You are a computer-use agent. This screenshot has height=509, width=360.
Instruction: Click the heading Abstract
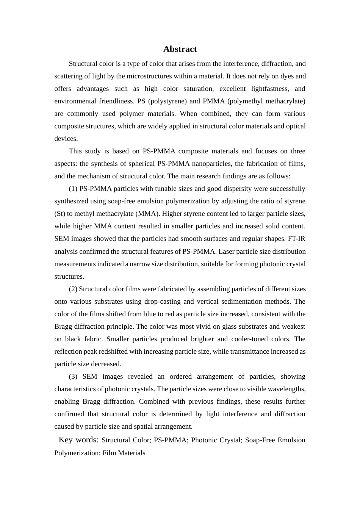pos(180,49)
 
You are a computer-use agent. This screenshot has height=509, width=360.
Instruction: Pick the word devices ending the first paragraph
pos(66,139)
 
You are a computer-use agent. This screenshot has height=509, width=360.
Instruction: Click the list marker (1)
pos(73,189)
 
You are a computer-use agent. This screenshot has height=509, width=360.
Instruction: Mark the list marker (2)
pos(73,289)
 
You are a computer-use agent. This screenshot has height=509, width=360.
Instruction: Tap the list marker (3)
pos(73,376)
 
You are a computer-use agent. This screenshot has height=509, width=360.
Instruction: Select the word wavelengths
pos(287,389)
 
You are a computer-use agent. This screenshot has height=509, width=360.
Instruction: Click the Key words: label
pos(78,440)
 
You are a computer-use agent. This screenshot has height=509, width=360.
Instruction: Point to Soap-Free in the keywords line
pos(260,440)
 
